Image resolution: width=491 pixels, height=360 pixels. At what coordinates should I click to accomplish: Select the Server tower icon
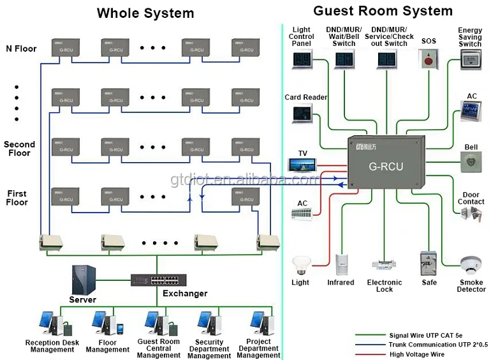(84, 279)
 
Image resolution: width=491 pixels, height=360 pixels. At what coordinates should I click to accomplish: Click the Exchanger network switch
(156, 280)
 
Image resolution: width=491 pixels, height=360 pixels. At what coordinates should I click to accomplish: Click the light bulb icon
(300, 266)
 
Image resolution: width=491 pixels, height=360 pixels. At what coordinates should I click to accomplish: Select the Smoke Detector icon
(471, 266)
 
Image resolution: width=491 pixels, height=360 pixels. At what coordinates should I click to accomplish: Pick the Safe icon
(429, 264)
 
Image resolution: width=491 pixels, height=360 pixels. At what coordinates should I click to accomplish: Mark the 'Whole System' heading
(145, 13)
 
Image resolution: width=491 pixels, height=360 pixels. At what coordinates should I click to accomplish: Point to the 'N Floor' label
(21, 49)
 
